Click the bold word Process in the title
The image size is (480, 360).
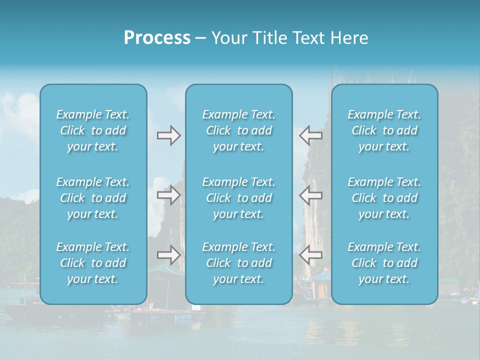click(x=157, y=38)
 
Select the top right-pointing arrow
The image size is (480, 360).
click(x=168, y=135)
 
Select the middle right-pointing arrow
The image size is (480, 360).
click(x=168, y=195)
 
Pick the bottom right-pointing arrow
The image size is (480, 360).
click(x=168, y=255)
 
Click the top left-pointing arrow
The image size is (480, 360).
click(x=311, y=135)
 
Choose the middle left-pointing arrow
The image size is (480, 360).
click(x=311, y=195)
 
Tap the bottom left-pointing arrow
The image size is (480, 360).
click(x=311, y=255)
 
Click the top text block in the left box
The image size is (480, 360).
click(x=93, y=130)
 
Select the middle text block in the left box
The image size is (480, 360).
click(x=93, y=198)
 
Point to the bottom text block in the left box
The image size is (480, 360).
click(x=93, y=263)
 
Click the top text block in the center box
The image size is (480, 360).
click(x=239, y=130)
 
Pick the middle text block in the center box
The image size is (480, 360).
click(x=239, y=198)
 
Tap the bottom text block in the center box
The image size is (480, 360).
click(x=239, y=263)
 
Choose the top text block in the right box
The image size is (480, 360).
click(x=384, y=130)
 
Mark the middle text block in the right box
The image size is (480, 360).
click(x=384, y=198)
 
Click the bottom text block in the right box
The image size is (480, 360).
click(x=384, y=263)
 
